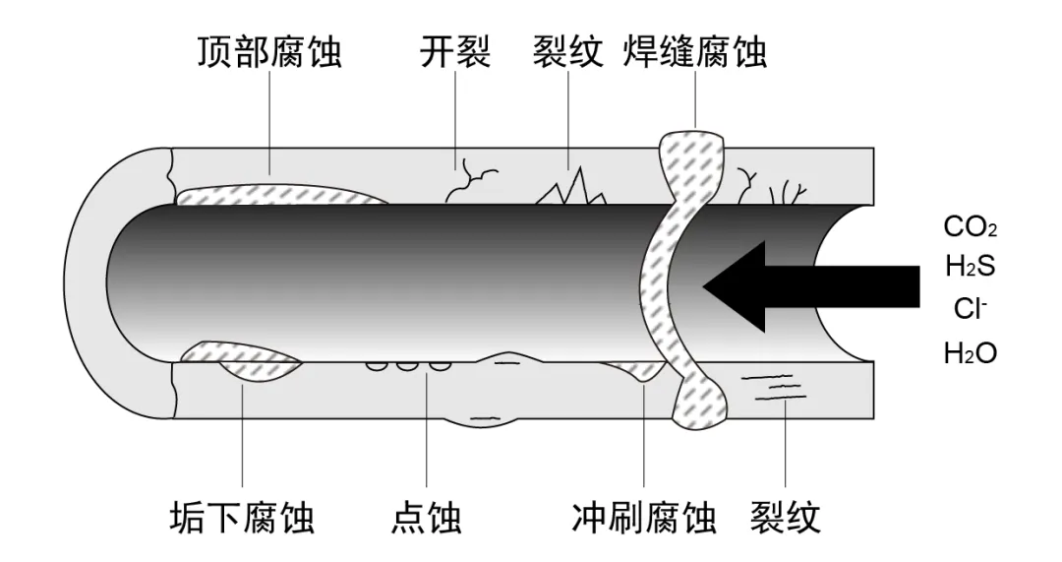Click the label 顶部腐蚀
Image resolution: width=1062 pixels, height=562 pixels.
coord(268,51)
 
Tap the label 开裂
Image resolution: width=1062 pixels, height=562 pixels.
coord(454,51)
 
